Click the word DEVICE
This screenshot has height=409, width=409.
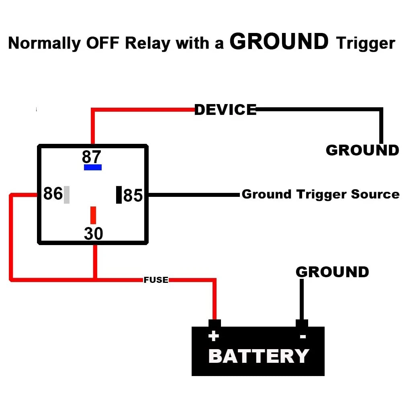click(x=225, y=110)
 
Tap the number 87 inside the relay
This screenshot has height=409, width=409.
click(x=92, y=157)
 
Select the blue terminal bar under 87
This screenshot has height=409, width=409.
click(x=93, y=167)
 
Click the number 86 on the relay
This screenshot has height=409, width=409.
click(x=53, y=194)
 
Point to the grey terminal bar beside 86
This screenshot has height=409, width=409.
click(x=67, y=195)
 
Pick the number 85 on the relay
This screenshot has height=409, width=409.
click(x=133, y=196)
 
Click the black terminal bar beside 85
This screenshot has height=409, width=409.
click(x=119, y=195)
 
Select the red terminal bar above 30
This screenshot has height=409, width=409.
click(x=93, y=215)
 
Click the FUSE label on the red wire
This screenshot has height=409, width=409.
click(x=156, y=280)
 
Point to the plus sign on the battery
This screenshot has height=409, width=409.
click(x=213, y=336)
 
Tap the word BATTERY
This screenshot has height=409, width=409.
click(x=258, y=356)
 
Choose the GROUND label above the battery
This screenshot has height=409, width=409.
click(x=332, y=272)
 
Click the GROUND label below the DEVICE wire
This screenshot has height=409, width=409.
click(x=362, y=150)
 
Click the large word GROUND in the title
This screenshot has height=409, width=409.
click(x=279, y=42)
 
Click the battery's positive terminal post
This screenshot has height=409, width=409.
click(x=215, y=323)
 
